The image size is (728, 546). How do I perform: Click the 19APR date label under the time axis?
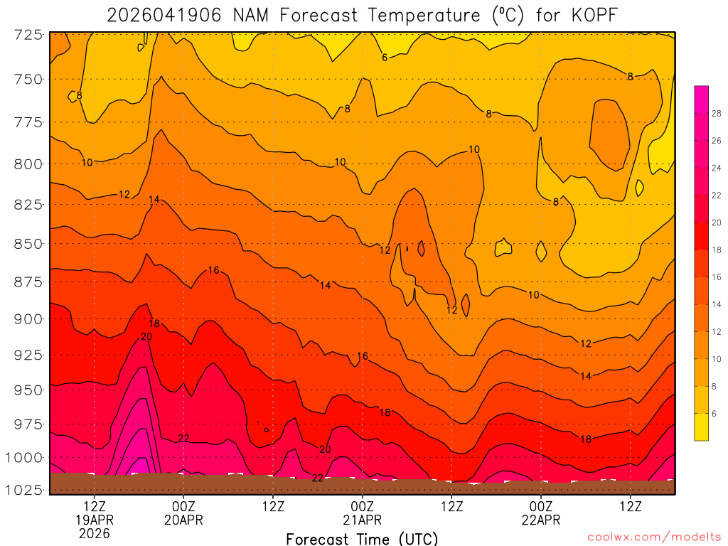pos(95,520)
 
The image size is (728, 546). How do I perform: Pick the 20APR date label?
pos(184,520)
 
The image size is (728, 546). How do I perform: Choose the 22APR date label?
pos(541,520)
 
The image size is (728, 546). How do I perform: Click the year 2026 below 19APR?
pos(95,533)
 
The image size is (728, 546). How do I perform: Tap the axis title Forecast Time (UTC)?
pos(362,539)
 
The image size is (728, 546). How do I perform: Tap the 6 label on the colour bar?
pos(714,414)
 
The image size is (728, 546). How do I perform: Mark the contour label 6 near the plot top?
pos(385,58)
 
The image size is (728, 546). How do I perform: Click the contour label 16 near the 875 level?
pos(214,270)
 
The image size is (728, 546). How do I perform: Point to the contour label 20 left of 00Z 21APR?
pos(325,449)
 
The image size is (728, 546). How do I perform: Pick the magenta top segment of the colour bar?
pos(701,93)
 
